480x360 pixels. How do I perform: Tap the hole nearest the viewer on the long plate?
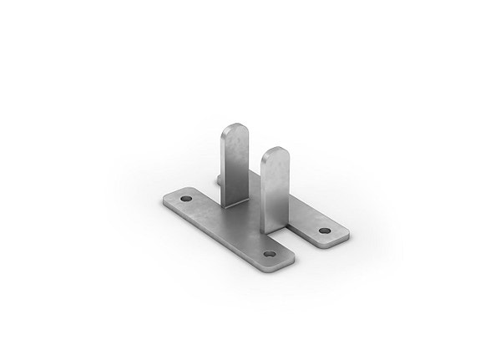[x=269, y=252]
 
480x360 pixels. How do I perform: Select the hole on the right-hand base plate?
[x=324, y=231]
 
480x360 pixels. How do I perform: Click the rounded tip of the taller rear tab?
[x=235, y=130]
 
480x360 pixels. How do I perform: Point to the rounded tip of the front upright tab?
[x=275, y=154]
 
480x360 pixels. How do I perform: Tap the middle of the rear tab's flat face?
[x=235, y=167]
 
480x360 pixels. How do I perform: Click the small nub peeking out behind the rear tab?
[x=218, y=178]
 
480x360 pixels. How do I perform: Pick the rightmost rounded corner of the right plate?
[x=345, y=234]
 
